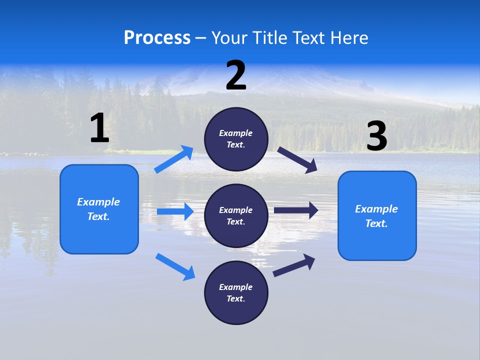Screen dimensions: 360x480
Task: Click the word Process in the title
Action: tap(157, 38)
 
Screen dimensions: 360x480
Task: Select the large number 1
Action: tap(99, 128)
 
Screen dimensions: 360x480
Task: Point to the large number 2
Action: tap(236, 75)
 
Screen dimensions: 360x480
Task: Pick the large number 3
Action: tap(376, 136)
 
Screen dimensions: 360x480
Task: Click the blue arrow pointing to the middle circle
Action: tap(175, 211)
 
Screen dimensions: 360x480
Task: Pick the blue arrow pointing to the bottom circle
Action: tap(175, 266)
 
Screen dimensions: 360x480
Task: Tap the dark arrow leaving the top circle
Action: tap(297, 160)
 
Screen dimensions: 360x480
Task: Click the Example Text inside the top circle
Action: tap(236, 139)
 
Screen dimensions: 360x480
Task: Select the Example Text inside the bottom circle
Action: tap(236, 293)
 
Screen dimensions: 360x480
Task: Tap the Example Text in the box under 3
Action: tap(376, 216)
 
